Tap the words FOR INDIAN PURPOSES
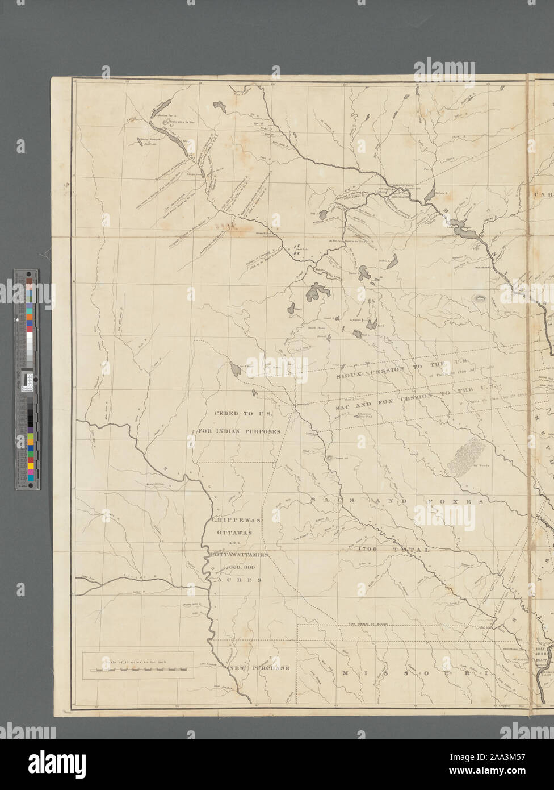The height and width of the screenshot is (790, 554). (x=240, y=431)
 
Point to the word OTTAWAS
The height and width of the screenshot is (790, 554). (x=234, y=533)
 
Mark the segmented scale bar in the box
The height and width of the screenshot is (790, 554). (x=138, y=671)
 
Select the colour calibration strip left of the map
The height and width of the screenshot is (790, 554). (x=27, y=380)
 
